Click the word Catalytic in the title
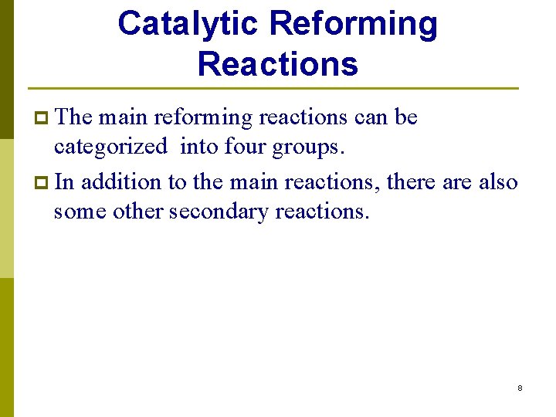pos(187,25)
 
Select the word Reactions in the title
pos(278,64)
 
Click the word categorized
pos(110,147)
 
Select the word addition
pos(115,182)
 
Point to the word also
pos(499,182)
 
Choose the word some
pos(80,211)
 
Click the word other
pos(138,211)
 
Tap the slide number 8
pos(520,388)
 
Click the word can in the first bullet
pos(371,117)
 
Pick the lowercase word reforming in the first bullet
pos(203,118)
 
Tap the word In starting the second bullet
pos(64,182)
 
